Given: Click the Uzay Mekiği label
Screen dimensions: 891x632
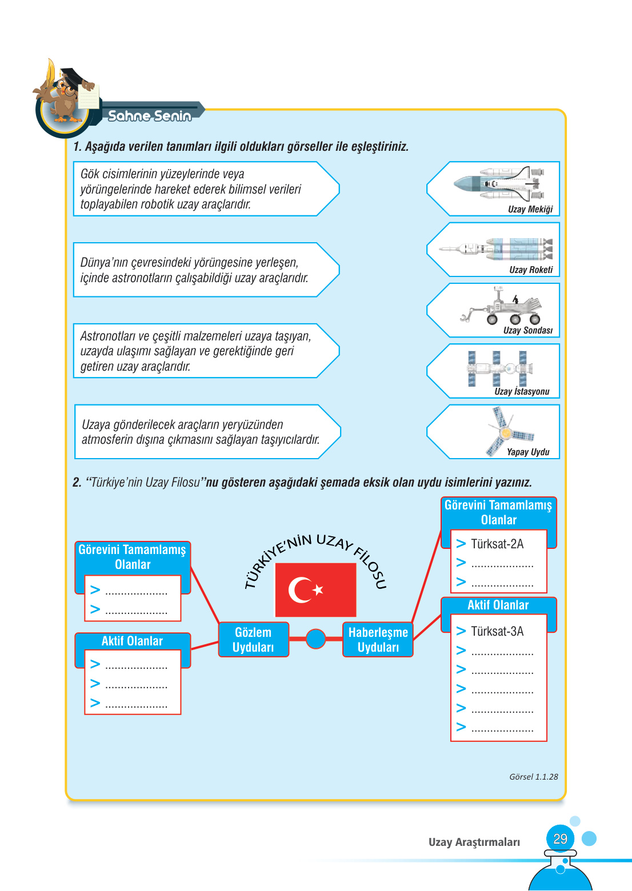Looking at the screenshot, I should point(530,210).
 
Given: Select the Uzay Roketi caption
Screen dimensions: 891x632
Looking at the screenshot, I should point(531,270).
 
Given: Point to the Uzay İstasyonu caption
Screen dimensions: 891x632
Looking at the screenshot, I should point(522,392).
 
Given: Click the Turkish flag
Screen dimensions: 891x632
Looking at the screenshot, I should point(315,589).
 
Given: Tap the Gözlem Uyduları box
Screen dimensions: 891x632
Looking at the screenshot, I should point(253,640).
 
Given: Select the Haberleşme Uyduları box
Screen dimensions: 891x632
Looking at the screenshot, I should point(378,640).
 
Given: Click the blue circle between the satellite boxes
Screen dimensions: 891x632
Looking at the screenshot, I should point(315,639).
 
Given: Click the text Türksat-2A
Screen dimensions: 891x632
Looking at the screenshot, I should point(497,544).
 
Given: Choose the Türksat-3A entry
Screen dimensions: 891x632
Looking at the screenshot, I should point(497,632).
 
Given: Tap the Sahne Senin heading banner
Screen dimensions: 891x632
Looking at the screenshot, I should point(150,116).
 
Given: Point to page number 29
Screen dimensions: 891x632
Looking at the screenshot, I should point(560,839).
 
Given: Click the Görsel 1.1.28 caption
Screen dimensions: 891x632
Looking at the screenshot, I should point(533,777).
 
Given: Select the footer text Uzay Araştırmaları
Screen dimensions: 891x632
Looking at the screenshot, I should point(474,842).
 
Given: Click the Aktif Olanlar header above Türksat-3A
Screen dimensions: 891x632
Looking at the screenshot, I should point(498,605).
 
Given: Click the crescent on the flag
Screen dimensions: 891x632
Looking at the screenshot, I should point(300,590).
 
